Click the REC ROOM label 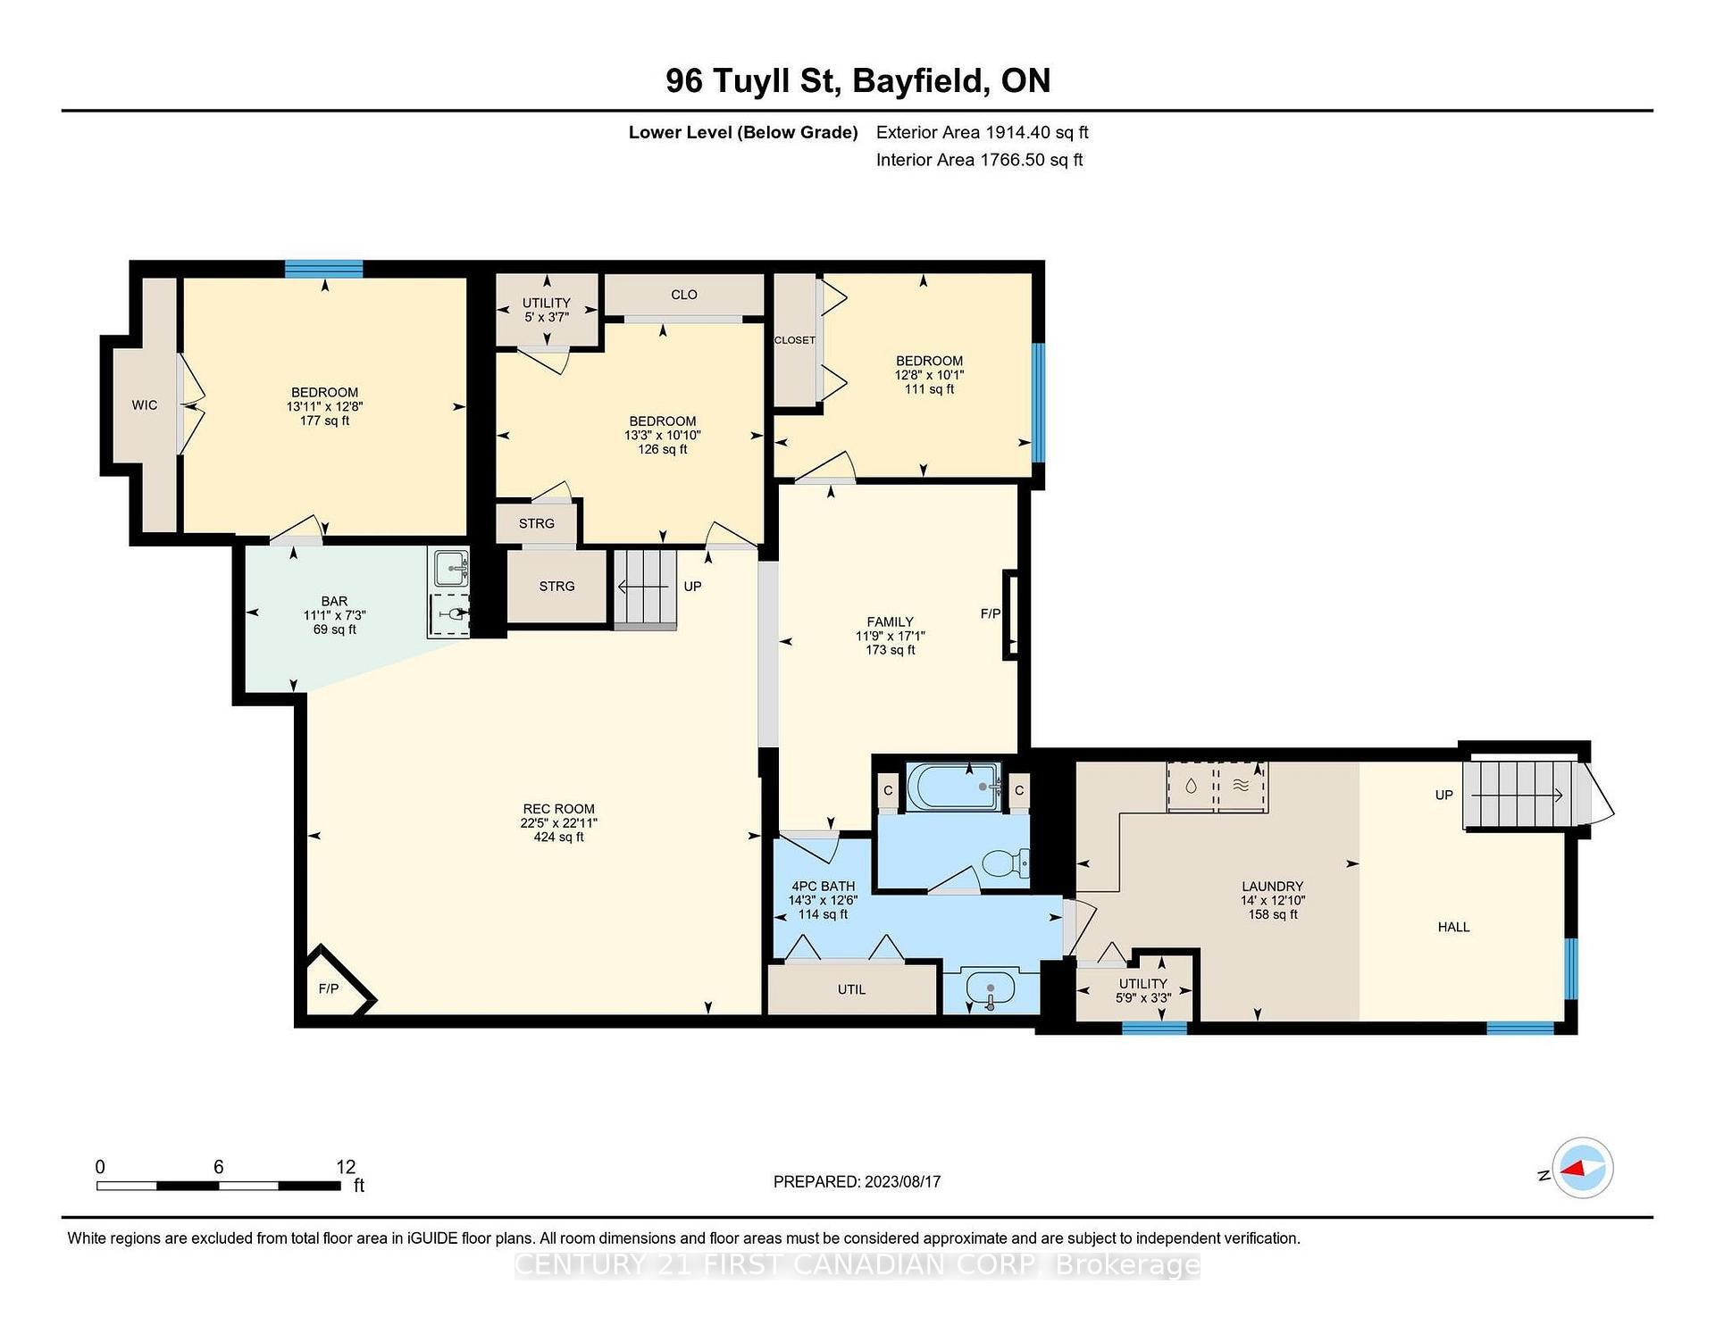click(x=558, y=809)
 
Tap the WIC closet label click(x=145, y=405)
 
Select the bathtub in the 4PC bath click(x=953, y=786)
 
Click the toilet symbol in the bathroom click(x=1005, y=863)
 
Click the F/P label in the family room click(x=990, y=613)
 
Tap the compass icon click(x=1582, y=1168)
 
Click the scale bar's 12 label click(x=346, y=1167)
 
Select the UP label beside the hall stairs click(x=1443, y=795)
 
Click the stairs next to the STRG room click(x=644, y=588)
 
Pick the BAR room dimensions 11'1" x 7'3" click(x=334, y=615)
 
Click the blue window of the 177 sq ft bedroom click(x=323, y=269)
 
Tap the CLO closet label click(x=683, y=295)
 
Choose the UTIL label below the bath click(x=851, y=989)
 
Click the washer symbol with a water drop click(x=1191, y=787)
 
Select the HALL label click(x=1453, y=927)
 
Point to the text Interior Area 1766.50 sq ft click(x=979, y=160)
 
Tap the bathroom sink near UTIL click(x=991, y=991)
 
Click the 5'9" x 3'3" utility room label click(x=1142, y=997)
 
